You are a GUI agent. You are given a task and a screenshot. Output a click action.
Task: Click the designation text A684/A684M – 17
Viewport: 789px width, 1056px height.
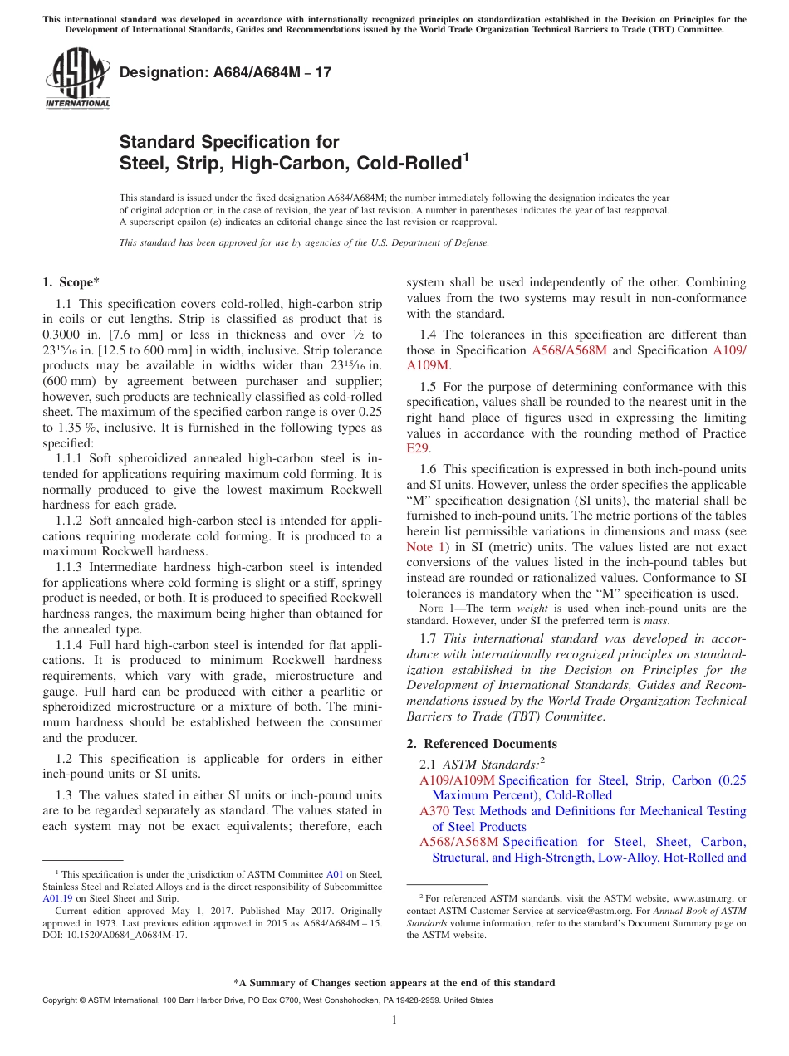pos(226,72)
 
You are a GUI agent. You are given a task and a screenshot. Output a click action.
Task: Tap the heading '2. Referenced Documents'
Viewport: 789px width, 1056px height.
pos(482,743)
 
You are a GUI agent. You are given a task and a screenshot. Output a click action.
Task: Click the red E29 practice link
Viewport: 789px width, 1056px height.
pos(417,448)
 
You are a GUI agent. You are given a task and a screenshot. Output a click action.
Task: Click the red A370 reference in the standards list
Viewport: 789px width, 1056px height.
pos(434,811)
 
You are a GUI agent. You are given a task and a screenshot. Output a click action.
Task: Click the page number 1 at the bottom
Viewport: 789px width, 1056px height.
pos(394,1020)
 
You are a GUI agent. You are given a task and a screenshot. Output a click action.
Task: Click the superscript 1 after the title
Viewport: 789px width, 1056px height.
pos(466,156)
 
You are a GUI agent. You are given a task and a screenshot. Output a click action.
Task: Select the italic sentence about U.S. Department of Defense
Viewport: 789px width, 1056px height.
pos(304,242)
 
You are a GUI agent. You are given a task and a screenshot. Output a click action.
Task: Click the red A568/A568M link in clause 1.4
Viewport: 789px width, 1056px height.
pos(569,350)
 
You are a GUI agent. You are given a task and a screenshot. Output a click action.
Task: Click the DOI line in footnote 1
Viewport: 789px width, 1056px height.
pos(115,935)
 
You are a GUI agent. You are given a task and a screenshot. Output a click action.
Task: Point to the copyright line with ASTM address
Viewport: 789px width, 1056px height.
pos(267,1000)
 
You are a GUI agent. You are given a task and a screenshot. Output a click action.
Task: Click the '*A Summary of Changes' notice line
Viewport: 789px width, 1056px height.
pos(394,983)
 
